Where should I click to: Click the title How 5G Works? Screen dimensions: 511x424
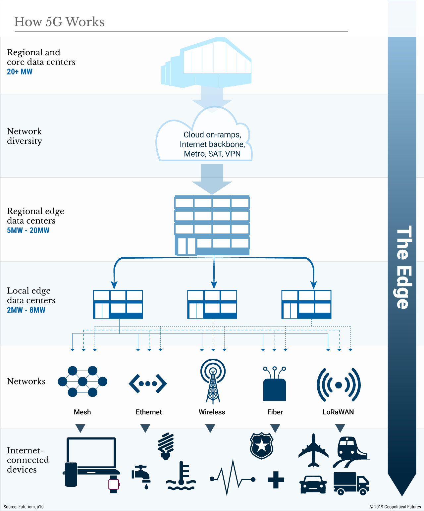[59, 22]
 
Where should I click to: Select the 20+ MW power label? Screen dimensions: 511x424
[20, 72]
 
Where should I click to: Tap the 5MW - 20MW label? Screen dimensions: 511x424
[28, 230]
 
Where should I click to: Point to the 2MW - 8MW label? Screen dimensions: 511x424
[26, 310]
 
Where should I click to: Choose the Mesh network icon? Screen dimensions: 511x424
[82, 382]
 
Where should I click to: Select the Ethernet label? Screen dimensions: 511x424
[149, 412]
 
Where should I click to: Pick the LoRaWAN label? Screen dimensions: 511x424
[338, 412]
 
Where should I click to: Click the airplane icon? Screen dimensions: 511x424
[313, 450]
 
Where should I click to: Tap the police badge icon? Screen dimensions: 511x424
[262, 445]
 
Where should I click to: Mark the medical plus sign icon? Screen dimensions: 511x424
[276, 480]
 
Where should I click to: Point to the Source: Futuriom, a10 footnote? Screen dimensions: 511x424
[24, 507]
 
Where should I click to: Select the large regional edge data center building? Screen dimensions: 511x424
[212, 226]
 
